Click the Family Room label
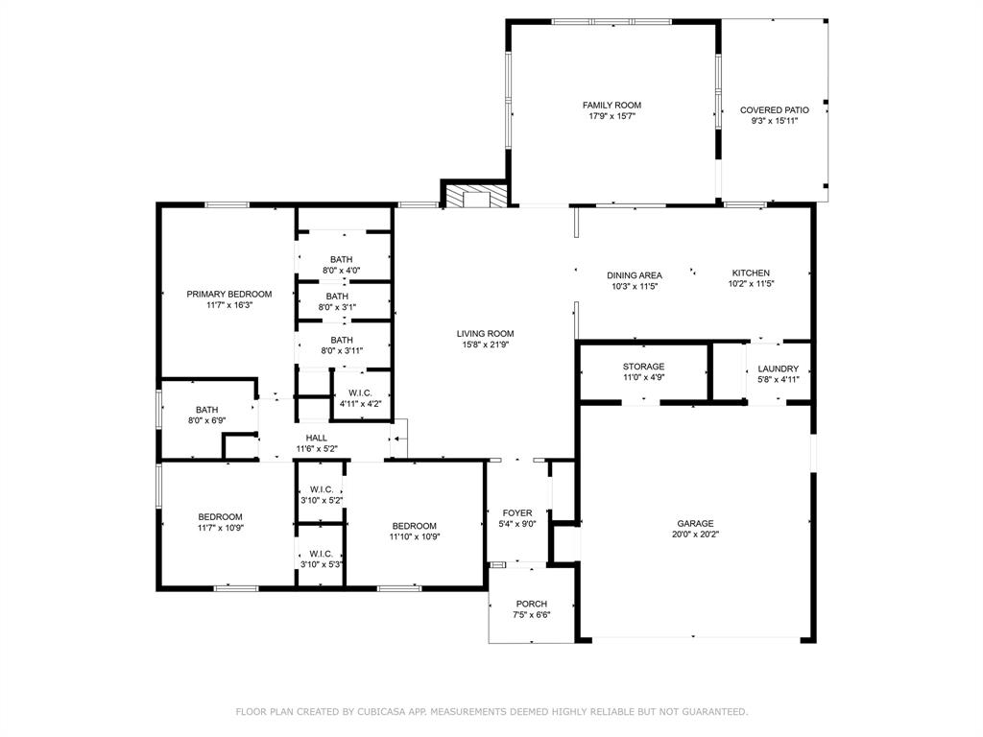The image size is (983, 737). click(x=611, y=106)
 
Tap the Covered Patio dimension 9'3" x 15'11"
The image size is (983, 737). click(x=774, y=121)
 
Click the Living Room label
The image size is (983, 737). click(x=485, y=334)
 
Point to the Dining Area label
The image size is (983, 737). click(x=635, y=275)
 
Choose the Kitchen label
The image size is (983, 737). click(x=751, y=273)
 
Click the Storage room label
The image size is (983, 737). click(x=643, y=367)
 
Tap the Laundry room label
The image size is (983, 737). click(x=778, y=369)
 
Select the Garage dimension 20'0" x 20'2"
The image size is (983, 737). click(x=695, y=535)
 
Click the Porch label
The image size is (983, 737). click(x=531, y=604)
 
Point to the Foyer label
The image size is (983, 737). click(x=517, y=513)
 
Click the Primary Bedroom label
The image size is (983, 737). click(x=228, y=295)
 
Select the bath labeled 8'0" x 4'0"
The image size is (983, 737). click(x=341, y=265)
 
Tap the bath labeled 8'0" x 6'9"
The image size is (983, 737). click(x=206, y=416)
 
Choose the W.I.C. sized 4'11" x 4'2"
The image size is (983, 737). click(x=360, y=398)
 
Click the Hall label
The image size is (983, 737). click(x=317, y=438)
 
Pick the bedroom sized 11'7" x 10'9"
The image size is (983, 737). click(x=220, y=522)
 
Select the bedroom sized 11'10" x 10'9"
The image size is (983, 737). click(x=414, y=532)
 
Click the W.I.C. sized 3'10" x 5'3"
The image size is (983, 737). click(x=321, y=559)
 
